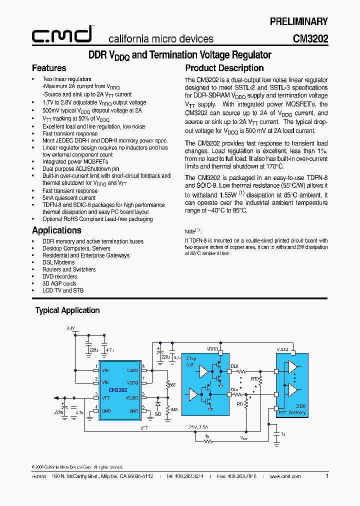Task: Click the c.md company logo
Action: click(x=62, y=34)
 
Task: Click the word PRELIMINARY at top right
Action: click(x=298, y=21)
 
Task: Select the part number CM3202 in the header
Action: click(x=310, y=38)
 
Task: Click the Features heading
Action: click(x=49, y=68)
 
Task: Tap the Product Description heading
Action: click(x=224, y=68)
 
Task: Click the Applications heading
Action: click(x=56, y=230)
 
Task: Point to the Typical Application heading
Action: click(x=67, y=310)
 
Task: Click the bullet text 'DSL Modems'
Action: click(x=58, y=262)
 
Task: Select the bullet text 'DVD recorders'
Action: click(x=59, y=276)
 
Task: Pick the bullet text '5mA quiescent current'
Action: click(x=69, y=198)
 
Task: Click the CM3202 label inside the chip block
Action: click(x=118, y=390)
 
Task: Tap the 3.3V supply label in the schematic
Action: click(x=71, y=328)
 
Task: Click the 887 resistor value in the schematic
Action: click(x=172, y=386)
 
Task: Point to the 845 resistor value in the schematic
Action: click(x=173, y=409)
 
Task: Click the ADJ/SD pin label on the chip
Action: click(x=132, y=398)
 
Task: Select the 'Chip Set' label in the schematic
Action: click(x=191, y=361)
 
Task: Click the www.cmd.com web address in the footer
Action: click(x=285, y=476)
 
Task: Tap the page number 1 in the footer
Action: click(x=327, y=476)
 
